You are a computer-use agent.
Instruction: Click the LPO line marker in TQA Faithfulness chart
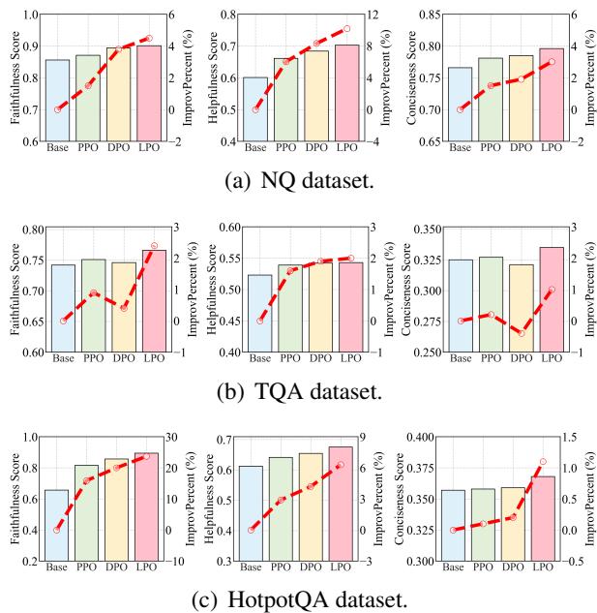153,246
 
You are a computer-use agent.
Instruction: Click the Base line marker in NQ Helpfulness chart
255,109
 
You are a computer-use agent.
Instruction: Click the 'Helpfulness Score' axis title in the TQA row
210,289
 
